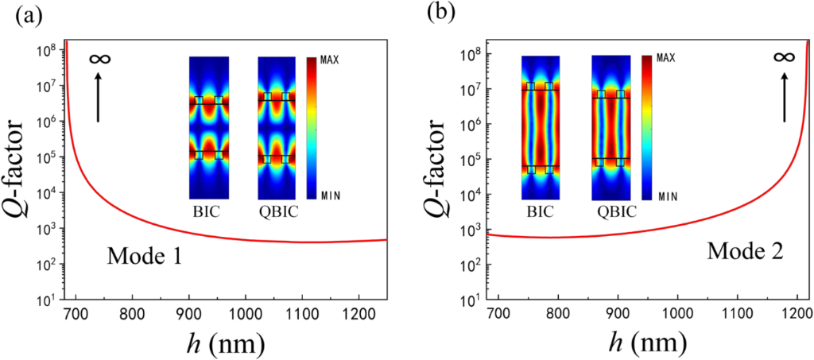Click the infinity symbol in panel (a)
(x=99, y=59)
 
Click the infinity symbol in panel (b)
(x=784, y=57)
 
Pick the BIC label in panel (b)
(x=540, y=212)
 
